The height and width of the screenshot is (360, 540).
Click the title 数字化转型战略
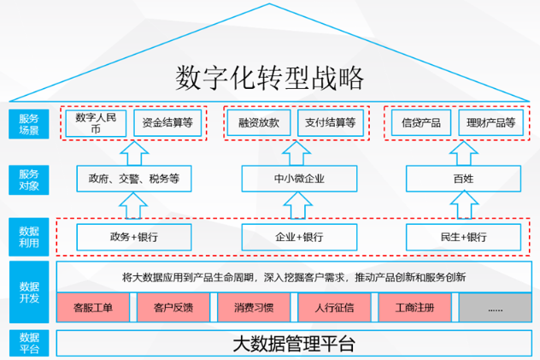tap(270, 78)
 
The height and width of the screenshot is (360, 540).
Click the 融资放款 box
tap(259, 123)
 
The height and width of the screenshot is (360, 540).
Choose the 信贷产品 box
tap(420, 123)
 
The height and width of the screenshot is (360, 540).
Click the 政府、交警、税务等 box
tap(133, 179)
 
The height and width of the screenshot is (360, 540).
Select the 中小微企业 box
tap(298, 179)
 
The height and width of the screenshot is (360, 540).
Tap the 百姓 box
tap(462, 179)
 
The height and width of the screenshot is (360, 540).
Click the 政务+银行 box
tap(133, 236)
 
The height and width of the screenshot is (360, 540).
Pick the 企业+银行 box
tap(298, 236)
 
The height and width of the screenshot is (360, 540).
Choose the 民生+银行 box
tap(462, 236)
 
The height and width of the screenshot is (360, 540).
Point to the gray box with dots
tap(494, 306)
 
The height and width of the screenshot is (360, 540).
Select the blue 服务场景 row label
tap(28, 123)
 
